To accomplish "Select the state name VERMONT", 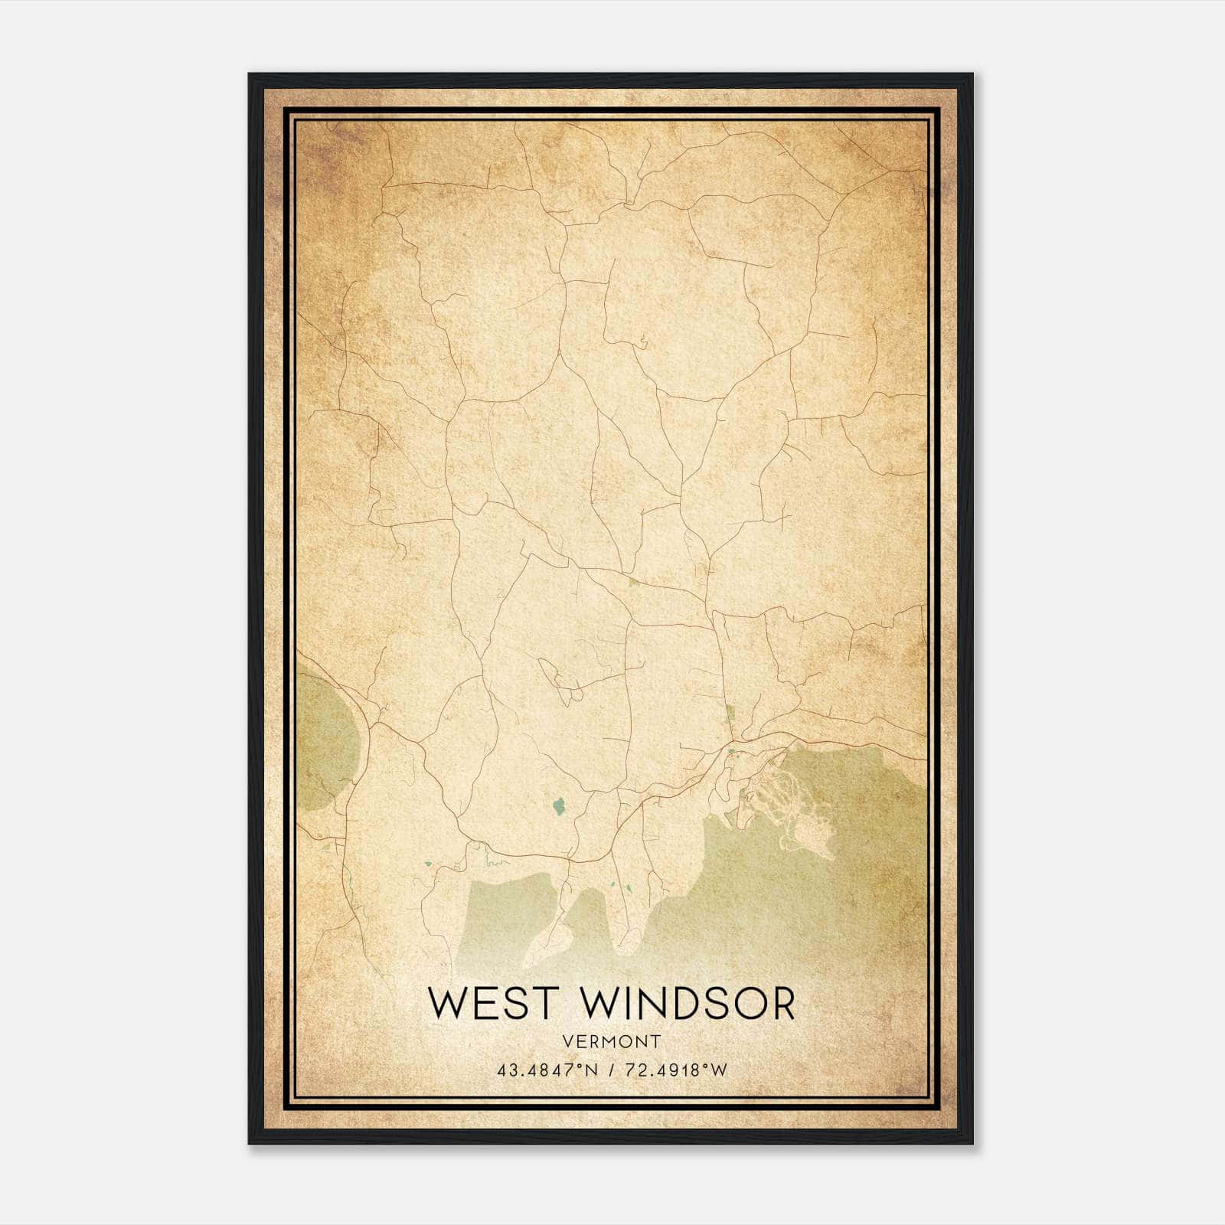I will [611, 1042].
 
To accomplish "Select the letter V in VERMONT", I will [567, 1042].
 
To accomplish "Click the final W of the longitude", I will [719, 1070].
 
